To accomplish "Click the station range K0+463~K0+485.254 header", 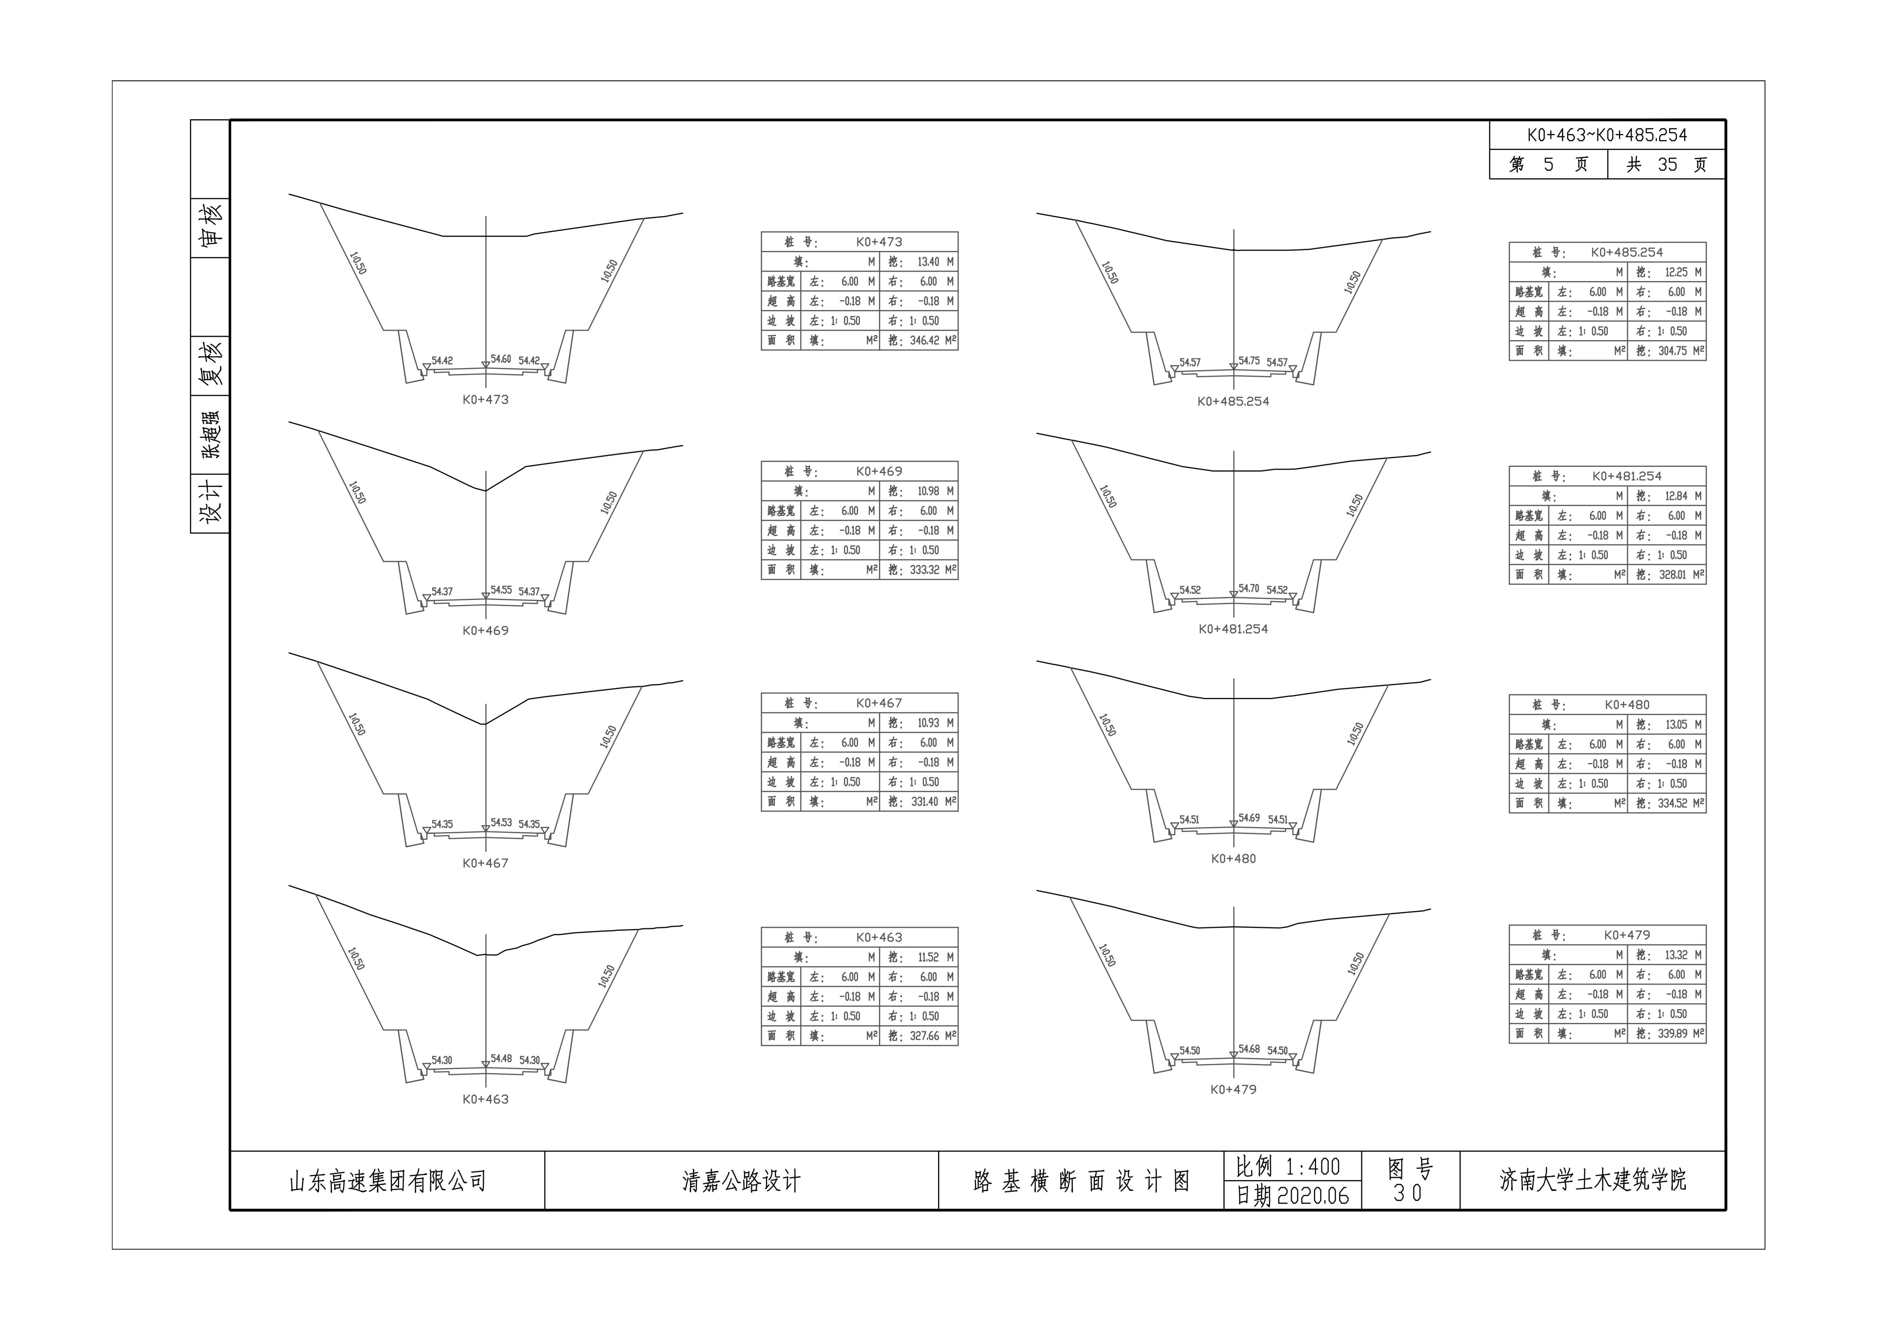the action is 1606,135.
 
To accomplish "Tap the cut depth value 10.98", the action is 928,491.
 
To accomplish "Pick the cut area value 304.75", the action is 1672,351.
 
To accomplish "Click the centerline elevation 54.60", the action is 501,359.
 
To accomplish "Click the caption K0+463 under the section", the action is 485,1099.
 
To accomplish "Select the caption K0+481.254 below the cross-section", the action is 1233,629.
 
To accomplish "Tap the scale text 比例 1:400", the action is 1287,1166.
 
